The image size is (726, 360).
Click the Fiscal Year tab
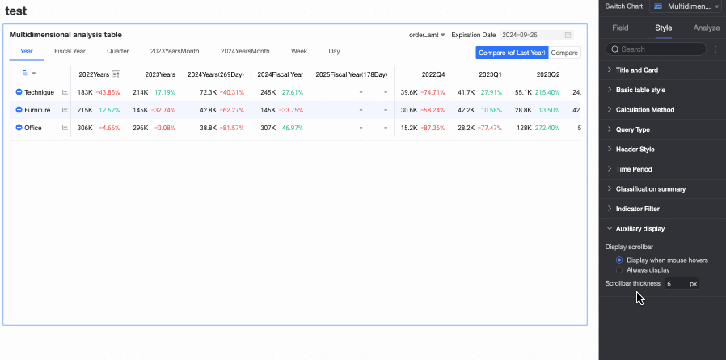[70, 51]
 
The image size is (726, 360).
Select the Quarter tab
[117, 51]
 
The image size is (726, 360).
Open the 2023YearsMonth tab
[174, 51]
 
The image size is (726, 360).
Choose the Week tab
[299, 51]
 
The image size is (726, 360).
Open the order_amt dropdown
[427, 35]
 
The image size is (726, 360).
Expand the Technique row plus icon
[19, 92]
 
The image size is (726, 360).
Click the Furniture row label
[37, 110]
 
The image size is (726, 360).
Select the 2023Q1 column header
[490, 74]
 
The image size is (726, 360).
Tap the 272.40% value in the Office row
[547, 128]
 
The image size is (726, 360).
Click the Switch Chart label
[623, 6]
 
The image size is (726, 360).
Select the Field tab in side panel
[620, 28]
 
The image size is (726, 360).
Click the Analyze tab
[707, 28]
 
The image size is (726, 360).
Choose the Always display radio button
[619, 270]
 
